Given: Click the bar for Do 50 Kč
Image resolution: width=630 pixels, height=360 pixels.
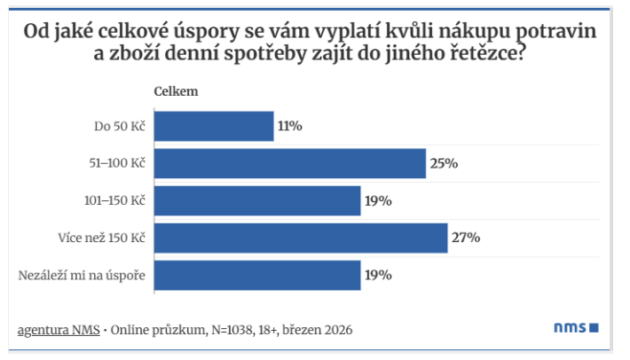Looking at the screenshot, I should [214, 126].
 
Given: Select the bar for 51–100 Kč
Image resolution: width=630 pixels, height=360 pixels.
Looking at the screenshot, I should [290, 163].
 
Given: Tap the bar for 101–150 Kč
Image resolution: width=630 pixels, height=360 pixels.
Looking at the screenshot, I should [257, 200].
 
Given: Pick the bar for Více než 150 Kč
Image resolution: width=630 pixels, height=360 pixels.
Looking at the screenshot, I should [301, 238].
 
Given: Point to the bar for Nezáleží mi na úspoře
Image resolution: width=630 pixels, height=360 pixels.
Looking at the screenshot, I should [257, 275].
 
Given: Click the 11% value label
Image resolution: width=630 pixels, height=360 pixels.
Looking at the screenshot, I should [290, 126].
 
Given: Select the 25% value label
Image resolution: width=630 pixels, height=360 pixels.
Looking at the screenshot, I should [444, 163].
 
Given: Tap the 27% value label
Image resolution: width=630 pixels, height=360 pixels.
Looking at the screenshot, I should [466, 238].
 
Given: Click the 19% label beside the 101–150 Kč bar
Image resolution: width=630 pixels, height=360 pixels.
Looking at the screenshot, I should [378, 200].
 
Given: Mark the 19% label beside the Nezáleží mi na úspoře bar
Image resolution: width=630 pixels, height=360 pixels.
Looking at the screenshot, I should [378, 275].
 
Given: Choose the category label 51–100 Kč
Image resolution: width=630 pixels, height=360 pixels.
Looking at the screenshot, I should [113, 163].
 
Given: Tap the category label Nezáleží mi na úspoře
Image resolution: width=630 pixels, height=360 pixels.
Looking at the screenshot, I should [82, 275].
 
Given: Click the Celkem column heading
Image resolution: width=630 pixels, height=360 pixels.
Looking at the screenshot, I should [176, 91].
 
